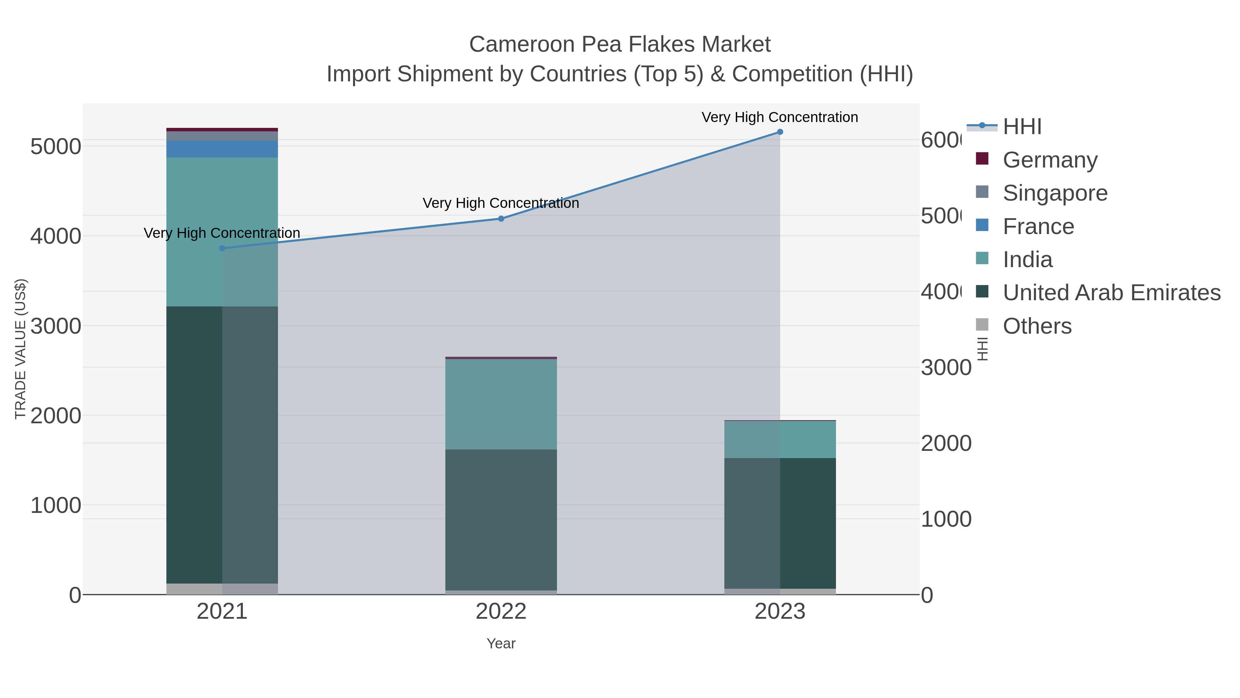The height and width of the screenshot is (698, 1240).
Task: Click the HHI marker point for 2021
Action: point(222,249)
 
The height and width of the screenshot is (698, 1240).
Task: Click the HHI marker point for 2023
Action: point(780,132)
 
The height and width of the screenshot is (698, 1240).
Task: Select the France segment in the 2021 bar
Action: point(222,149)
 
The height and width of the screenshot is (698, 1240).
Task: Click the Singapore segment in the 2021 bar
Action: point(222,136)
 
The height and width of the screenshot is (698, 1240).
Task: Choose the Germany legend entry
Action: point(1050,160)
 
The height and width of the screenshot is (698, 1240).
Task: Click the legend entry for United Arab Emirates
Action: point(1111,293)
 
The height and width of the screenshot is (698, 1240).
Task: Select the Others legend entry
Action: point(1037,326)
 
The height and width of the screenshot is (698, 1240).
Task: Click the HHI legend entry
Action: point(1022,127)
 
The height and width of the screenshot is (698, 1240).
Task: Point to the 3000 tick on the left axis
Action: point(56,326)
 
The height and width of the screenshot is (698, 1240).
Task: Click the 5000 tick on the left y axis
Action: point(56,146)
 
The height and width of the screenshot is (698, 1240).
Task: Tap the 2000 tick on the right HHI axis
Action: point(946,444)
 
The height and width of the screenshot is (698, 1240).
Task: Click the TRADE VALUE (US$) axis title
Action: point(20,349)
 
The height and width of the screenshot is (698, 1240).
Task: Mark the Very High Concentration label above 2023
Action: point(780,118)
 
